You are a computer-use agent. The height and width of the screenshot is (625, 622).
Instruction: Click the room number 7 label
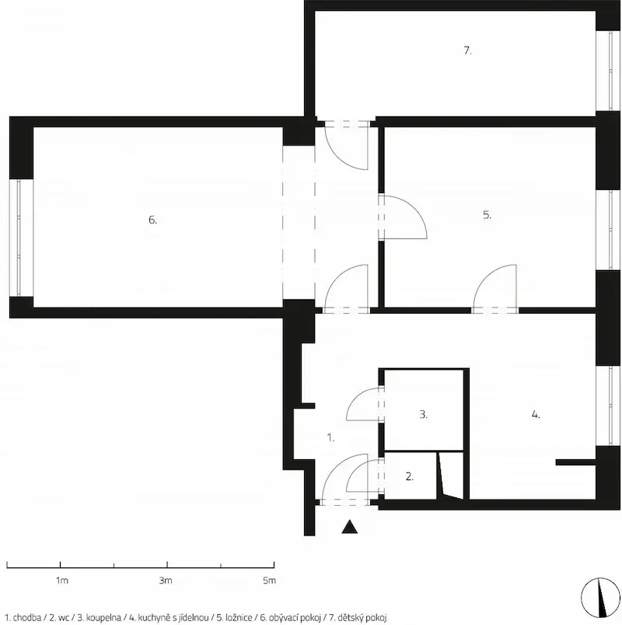pos(467,51)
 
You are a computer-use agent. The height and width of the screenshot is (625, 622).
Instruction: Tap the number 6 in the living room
pos(152,219)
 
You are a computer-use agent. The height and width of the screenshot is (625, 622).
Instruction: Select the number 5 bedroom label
pos(487,215)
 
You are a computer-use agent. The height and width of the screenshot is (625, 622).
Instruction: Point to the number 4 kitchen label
pos(536,415)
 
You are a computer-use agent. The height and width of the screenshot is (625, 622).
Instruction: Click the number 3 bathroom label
pos(423,415)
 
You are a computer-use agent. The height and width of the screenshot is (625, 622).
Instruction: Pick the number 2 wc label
pos(410,476)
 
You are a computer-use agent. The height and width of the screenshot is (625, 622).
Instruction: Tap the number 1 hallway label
pos(330,437)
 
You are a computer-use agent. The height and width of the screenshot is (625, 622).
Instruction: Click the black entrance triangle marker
pos(350,527)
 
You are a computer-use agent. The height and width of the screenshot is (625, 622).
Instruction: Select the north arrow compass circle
pos(600,597)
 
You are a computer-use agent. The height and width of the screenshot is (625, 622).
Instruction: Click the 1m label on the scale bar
pos(61,581)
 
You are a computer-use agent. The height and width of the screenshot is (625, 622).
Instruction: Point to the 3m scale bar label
pos(166,581)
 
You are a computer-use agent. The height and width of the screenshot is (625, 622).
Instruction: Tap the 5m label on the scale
pos(269,581)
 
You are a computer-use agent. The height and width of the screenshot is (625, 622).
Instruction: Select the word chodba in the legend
pos(26,618)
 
